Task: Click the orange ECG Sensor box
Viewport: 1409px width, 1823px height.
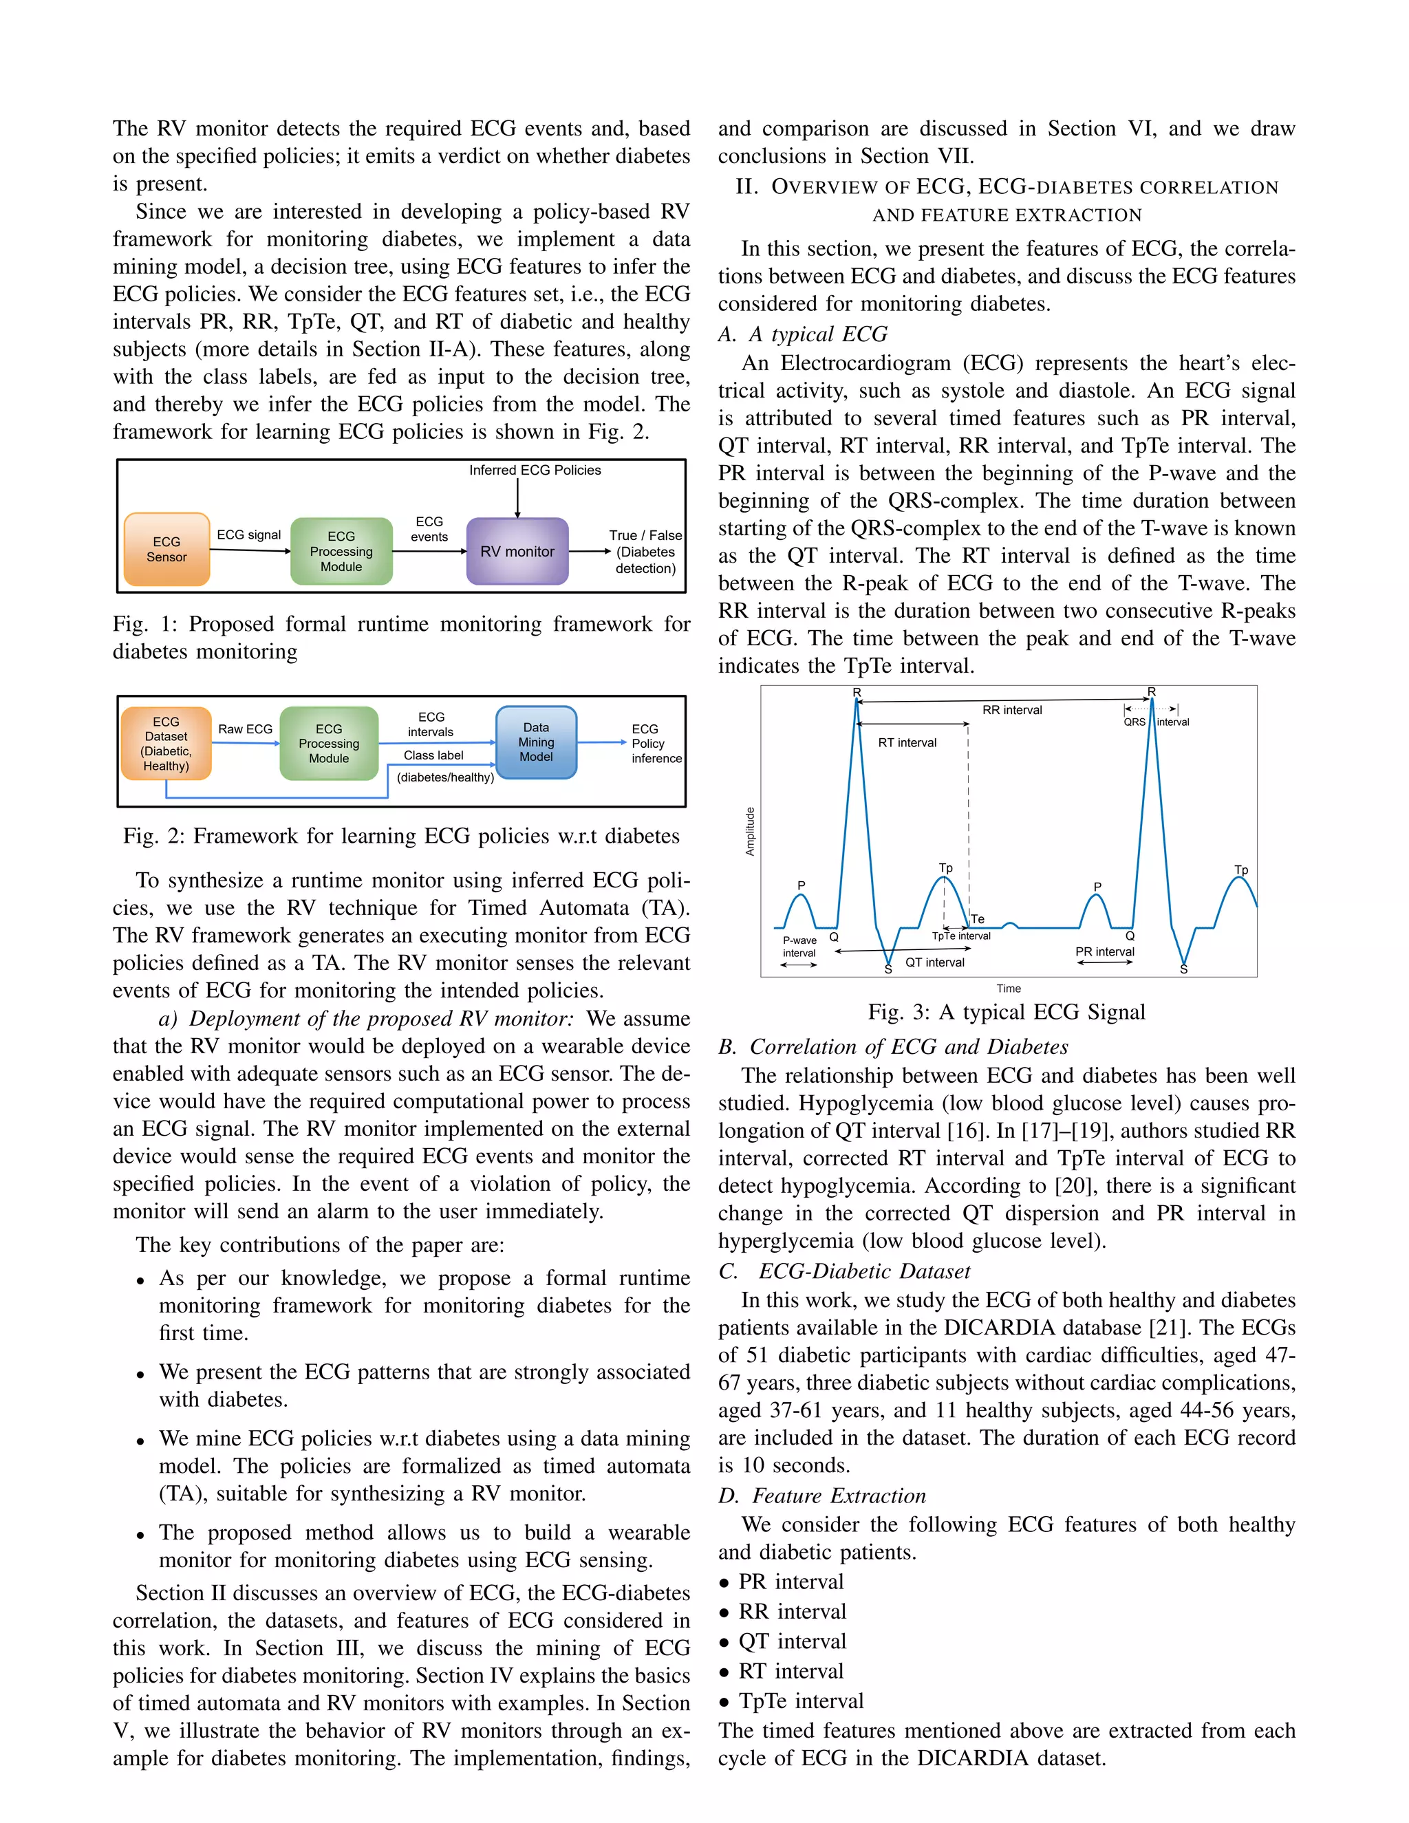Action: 166,549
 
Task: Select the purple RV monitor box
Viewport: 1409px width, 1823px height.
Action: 517,551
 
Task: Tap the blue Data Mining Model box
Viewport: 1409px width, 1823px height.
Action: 536,742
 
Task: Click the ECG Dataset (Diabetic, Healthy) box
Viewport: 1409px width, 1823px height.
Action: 166,743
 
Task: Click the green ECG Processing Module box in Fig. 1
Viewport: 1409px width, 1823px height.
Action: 341,551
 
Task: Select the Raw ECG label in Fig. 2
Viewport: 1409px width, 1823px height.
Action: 246,729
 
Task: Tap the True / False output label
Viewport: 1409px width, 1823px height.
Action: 645,536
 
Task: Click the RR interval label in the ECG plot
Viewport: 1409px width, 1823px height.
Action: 1011,711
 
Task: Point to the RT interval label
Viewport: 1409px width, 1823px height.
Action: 907,743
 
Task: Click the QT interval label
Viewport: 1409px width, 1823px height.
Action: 935,962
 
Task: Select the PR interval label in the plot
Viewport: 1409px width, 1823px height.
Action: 1104,951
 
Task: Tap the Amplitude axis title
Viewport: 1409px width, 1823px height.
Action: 750,832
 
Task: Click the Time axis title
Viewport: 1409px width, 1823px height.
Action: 1009,989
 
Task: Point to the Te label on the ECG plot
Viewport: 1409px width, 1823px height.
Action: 978,919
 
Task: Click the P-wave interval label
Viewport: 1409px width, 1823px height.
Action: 799,947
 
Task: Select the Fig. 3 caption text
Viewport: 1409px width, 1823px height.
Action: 1006,1013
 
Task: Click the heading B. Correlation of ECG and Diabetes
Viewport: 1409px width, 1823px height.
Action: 893,1047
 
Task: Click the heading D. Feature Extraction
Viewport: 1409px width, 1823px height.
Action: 822,1496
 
